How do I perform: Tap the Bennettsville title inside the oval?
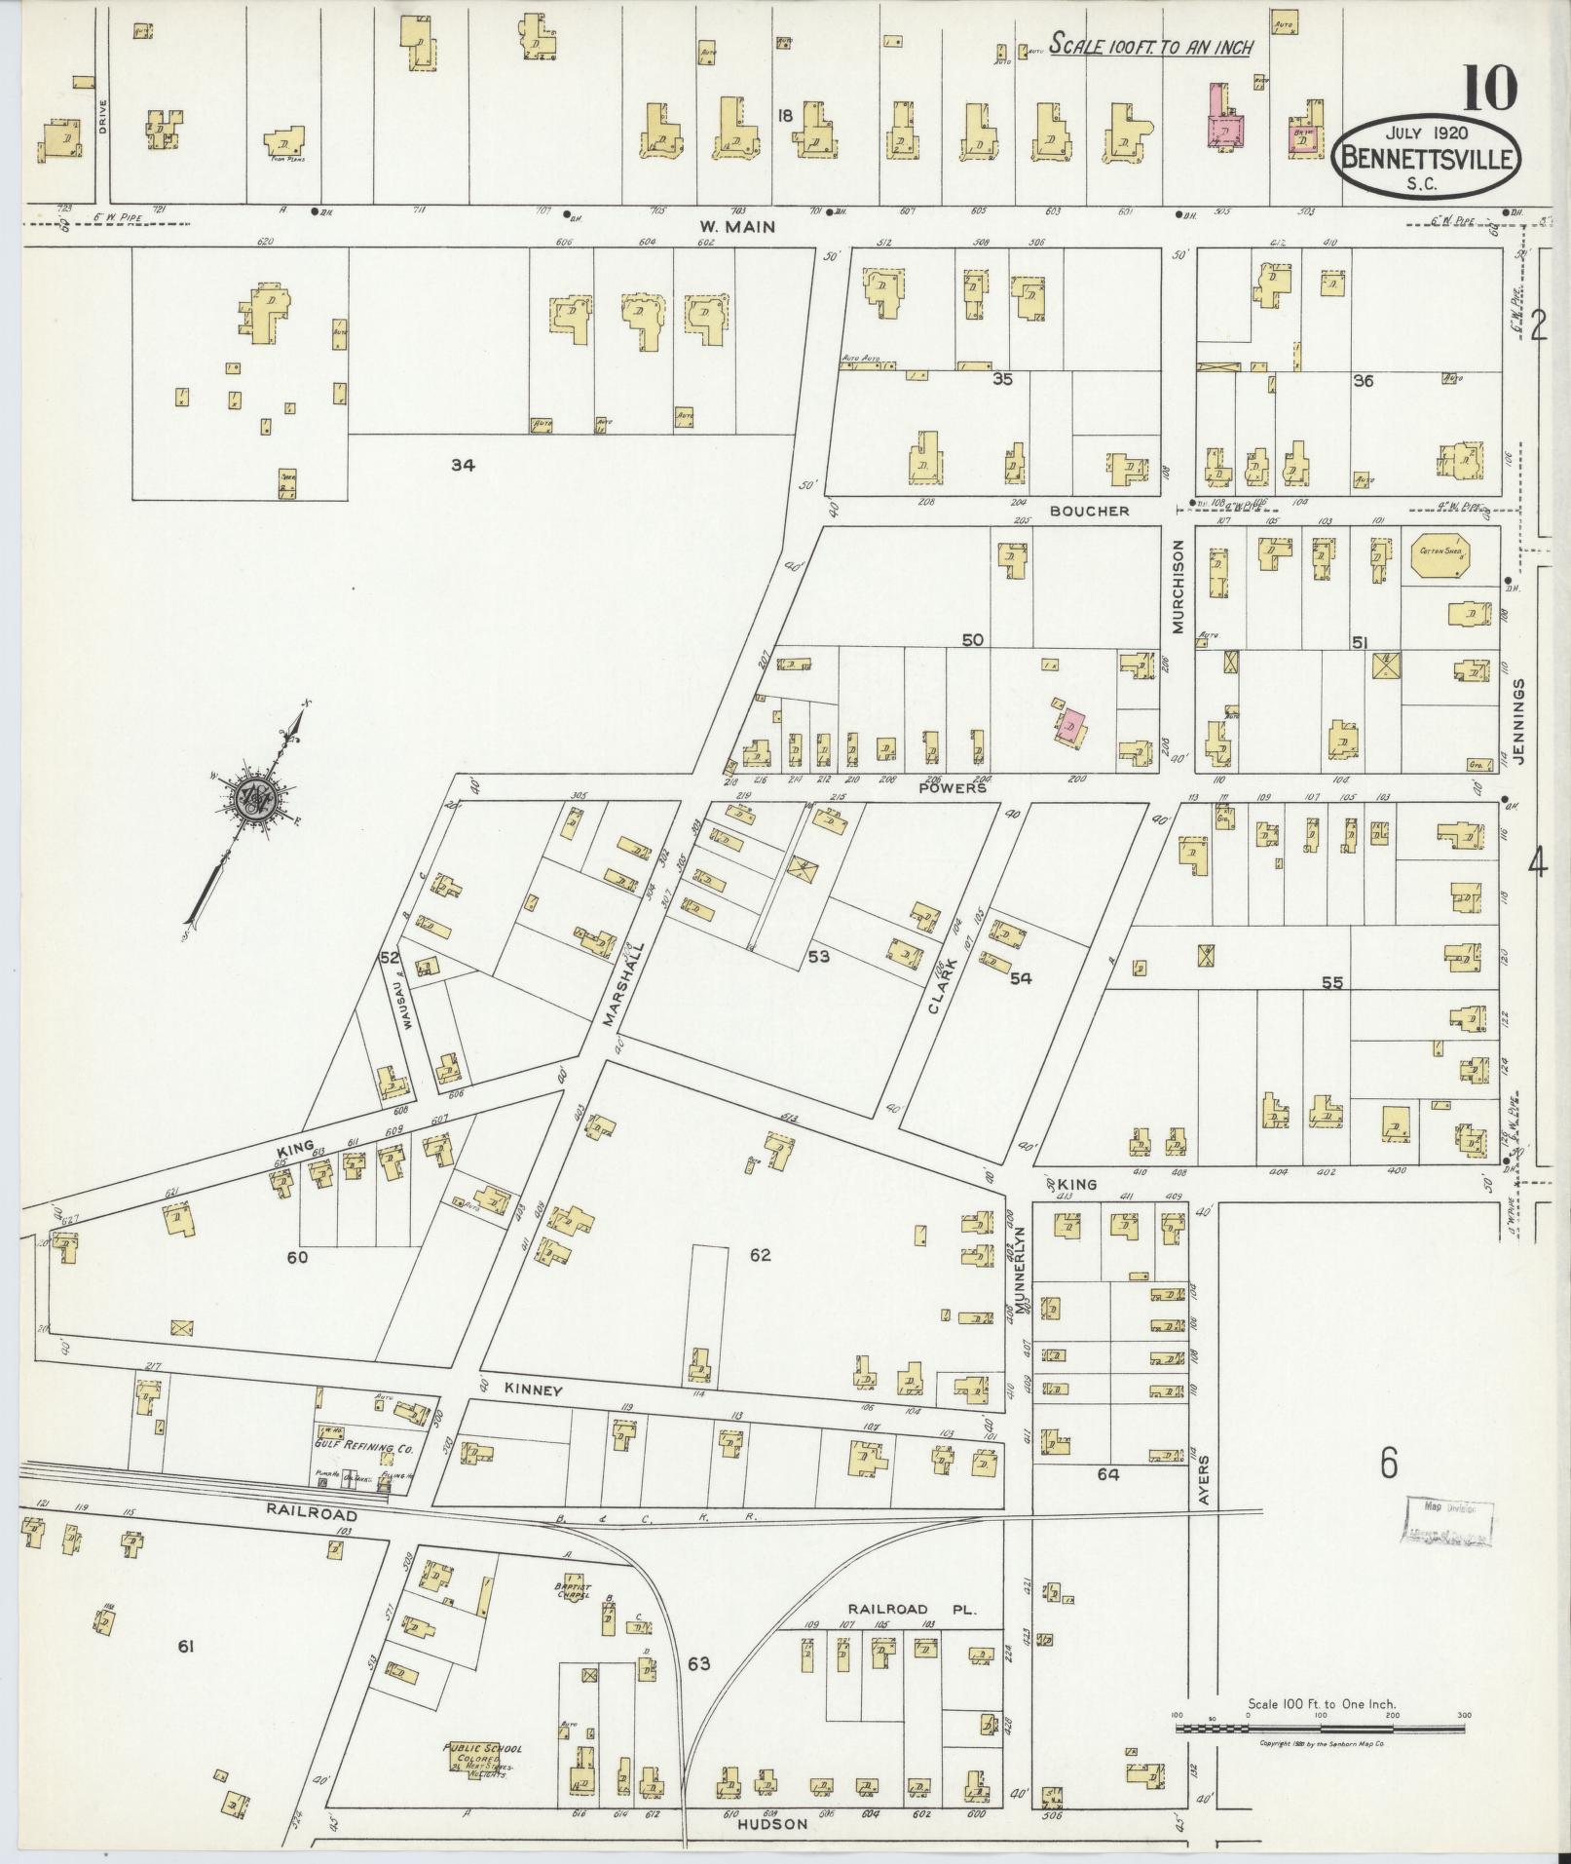coord(1429,158)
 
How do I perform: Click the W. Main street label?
coord(736,227)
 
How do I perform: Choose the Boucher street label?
coord(1089,511)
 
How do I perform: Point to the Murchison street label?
coord(1177,587)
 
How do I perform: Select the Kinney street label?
coord(533,1391)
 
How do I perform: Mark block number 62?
coord(761,1255)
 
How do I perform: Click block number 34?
coord(462,466)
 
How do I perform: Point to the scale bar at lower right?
coord(1320,1728)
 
